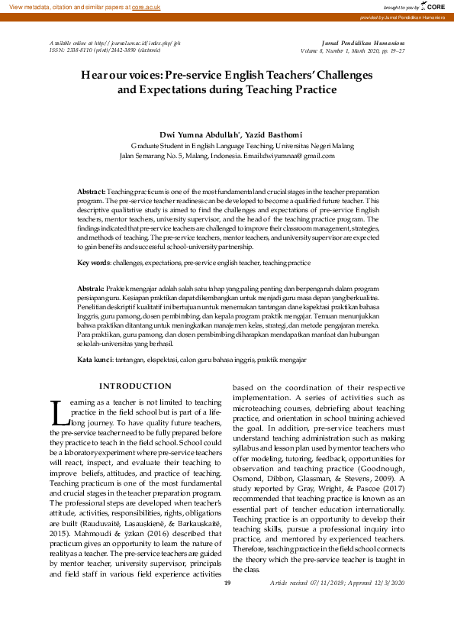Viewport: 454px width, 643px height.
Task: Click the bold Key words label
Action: pyautogui.click(x=93, y=262)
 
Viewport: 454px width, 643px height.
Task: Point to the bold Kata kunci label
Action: pyautogui.click(x=95, y=358)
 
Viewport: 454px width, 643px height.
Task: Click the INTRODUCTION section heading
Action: pyautogui.click(x=136, y=386)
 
